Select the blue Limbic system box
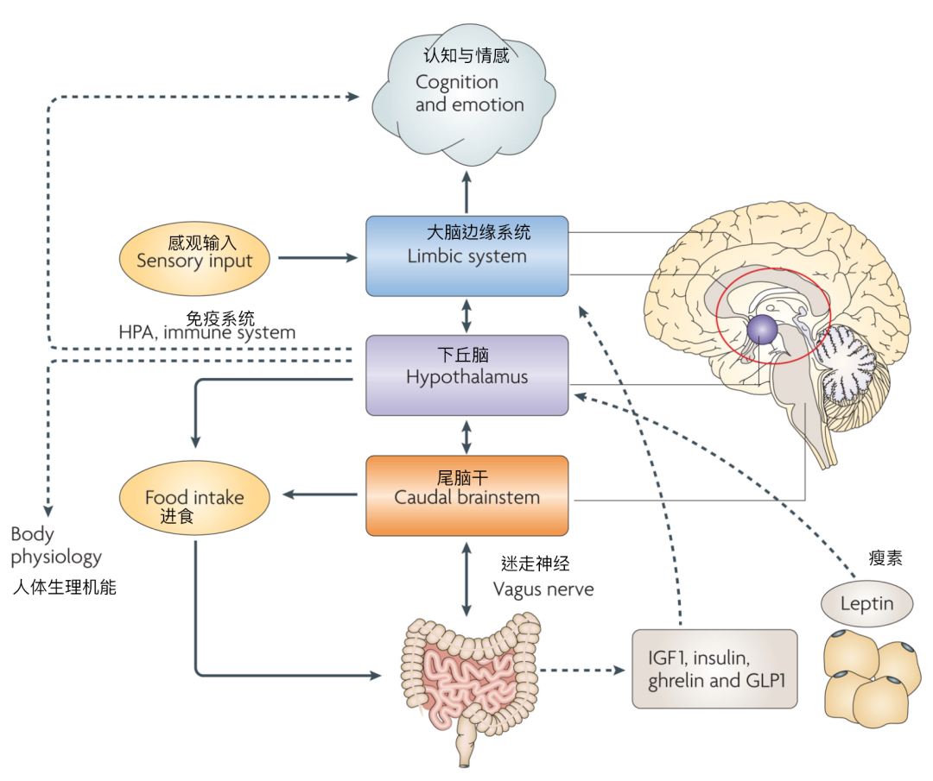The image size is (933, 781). (466, 256)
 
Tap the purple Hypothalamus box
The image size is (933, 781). (466, 375)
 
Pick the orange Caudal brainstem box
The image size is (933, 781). (466, 495)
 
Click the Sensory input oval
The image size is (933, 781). (194, 258)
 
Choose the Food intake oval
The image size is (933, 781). (194, 498)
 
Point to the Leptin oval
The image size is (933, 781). (866, 602)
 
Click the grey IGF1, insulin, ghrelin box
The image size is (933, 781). (714, 669)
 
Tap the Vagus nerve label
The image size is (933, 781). (543, 589)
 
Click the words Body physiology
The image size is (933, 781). (56, 546)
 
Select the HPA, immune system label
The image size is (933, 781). (206, 332)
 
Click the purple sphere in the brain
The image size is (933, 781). (763, 329)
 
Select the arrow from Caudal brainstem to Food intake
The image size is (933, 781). (320, 494)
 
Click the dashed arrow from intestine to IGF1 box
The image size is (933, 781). (582, 670)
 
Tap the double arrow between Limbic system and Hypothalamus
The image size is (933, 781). (467, 316)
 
